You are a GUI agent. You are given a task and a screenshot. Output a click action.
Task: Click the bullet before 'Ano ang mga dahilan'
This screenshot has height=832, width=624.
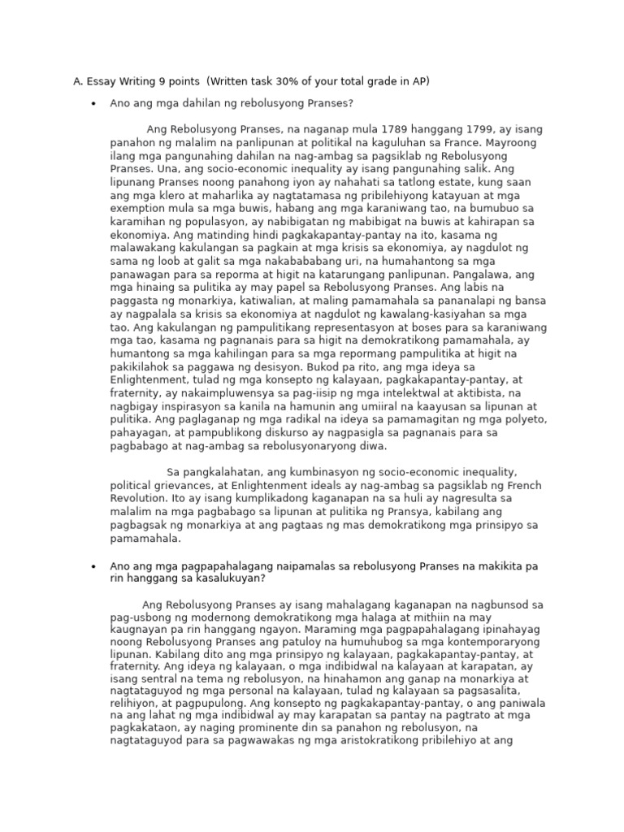coord(94,104)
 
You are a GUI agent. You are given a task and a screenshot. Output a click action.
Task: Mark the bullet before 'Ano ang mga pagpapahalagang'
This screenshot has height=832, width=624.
coord(94,565)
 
